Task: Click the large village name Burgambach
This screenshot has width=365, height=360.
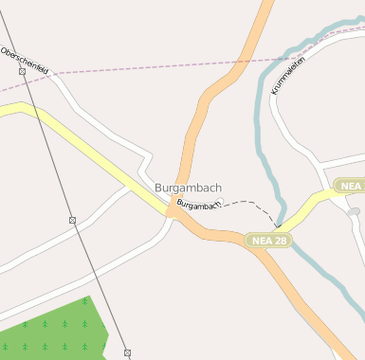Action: point(188,188)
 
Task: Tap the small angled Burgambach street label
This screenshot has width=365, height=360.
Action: point(199,205)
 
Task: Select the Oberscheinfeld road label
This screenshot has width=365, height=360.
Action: point(25,59)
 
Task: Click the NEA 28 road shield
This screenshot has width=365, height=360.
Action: point(268,241)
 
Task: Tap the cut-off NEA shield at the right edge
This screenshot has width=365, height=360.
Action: point(350,186)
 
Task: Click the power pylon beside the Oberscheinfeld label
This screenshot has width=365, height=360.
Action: point(21,71)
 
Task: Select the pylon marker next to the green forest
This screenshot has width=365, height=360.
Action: point(127,352)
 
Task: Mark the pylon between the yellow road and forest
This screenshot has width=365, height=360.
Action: point(73,220)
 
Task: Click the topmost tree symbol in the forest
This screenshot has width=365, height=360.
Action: point(84,301)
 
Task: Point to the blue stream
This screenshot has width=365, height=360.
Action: point(258,123)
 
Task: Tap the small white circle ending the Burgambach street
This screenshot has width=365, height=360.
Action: point(220,201)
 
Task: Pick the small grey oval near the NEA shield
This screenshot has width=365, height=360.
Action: point(353,213)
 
